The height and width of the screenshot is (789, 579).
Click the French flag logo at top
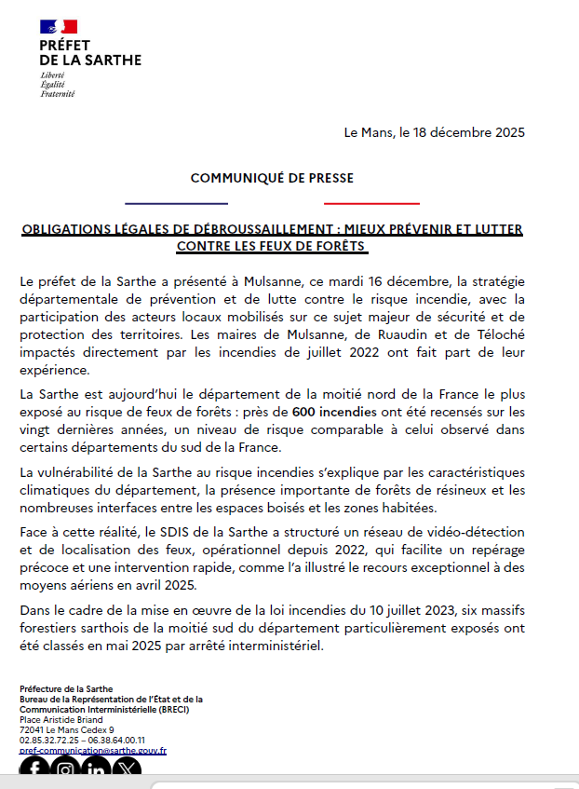pyautogui.click(x=59, y=28)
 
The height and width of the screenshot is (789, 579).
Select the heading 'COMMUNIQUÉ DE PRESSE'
pyautogui.click(x=272, y=178)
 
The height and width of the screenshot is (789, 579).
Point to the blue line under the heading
pyautogui.click(x=176, y=203)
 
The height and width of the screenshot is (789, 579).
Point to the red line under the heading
pyautogui.click(x=371, y=203)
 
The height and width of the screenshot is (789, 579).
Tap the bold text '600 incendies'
pyautogui.click(x=335, y=412)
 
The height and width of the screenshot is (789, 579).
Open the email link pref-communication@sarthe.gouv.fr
pyautogui.click(x=93, y=750)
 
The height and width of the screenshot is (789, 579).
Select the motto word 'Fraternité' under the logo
pyautogui.click(x=58, y=94)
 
